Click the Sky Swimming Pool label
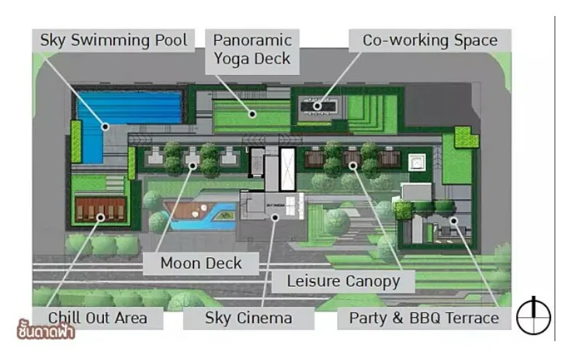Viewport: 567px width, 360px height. pos(113,40)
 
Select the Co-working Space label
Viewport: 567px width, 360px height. pos(430,40)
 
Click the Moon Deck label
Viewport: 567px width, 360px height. pos(201,263)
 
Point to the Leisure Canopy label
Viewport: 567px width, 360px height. pos(343,281)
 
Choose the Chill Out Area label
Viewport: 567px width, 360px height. pos(97,318)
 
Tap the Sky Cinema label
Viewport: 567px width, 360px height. pos(249,318)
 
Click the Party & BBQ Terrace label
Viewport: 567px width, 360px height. pos(424,318)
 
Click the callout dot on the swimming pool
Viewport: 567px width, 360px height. pos(105,127)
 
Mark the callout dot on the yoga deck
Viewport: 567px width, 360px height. pos(252,114)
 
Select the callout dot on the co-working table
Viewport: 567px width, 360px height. pos(317,106)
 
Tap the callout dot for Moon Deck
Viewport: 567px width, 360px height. pos(193,166)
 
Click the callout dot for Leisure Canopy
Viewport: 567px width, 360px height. pos(353,166)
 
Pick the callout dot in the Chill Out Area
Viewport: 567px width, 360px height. pos(101,217)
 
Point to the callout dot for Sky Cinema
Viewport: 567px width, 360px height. pos(276,217)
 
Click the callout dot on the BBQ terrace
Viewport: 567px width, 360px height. pos(454,220)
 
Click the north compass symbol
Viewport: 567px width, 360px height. pos(534,316)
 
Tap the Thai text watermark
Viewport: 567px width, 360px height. pos(46,329)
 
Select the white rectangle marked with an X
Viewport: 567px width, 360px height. pos(288,169)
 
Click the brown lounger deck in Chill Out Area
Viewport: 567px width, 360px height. pos(100,209)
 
